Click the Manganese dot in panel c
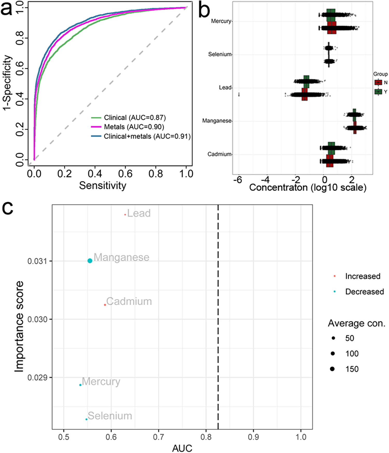tap(90, 261)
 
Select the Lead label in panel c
tap(139, 213)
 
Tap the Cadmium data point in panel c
tap(105, 305)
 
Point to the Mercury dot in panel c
tap(80, 385)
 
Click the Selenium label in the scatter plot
tap(110, 416)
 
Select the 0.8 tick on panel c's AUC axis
tap(206, 437)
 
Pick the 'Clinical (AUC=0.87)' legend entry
tap(135, 118)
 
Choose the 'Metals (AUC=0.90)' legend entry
tap(134, 127)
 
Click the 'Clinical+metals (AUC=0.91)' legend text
tap(147, 136)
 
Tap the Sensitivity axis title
tap(103, 186)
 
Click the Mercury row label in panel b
tap(221, 21)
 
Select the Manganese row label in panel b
tap(217, 121)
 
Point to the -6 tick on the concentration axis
tap(238, 180)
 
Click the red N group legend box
tap(378, 83)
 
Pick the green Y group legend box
tap(378, 92)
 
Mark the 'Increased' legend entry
tap(363, 276)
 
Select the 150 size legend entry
tap(352, 369)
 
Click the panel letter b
tap(204, 11)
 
